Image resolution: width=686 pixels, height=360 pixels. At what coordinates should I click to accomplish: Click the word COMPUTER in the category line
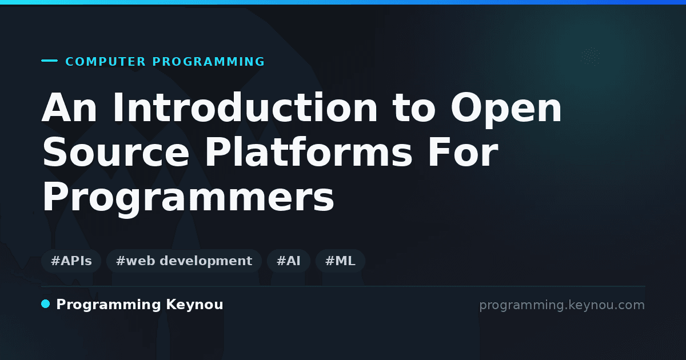[106, 62]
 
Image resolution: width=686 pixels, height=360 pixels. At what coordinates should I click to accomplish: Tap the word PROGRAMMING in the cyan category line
[209, 62]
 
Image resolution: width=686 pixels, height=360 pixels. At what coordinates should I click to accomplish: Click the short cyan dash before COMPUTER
[49, 61]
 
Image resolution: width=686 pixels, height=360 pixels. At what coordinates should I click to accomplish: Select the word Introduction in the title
[245, 108]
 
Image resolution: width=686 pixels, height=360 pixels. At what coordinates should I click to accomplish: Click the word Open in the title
[506, 110]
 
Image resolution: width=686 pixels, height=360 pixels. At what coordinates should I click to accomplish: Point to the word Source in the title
[115, 152]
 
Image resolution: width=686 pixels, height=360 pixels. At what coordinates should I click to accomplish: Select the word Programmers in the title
[188, 198]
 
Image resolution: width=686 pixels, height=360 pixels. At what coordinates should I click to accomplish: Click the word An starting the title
[69, 108]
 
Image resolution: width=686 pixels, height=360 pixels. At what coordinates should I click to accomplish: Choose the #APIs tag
[71, 261]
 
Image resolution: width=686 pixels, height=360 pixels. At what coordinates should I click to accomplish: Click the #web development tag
[184, 261]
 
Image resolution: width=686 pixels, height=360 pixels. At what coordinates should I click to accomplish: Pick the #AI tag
[289, 261]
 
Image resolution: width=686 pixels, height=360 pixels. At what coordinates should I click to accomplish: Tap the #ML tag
[340, 261]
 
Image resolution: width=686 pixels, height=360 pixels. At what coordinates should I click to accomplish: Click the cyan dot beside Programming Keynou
[45, 304]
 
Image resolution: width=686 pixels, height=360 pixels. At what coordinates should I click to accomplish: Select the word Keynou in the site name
[194, 305]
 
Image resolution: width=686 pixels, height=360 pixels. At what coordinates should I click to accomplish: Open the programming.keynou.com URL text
[562, 306]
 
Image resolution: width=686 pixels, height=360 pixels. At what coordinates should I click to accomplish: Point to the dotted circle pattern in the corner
[591, 56]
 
